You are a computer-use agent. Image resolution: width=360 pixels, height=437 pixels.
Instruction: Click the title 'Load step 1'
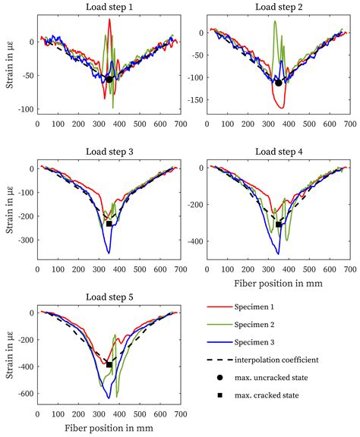click(109, 7)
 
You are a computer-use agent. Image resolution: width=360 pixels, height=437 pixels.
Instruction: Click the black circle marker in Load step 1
click(109, 79)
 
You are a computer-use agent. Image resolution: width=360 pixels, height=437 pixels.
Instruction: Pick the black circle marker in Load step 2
click(278, 83)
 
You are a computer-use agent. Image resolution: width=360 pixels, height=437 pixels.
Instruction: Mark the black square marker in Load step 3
click(109, 224)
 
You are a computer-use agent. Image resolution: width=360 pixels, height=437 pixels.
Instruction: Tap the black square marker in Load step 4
click(278, 225)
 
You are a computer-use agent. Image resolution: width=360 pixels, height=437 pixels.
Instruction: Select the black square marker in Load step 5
click(109, 365)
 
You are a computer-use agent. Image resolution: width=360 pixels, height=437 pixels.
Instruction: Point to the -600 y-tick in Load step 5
click(23, 394)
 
